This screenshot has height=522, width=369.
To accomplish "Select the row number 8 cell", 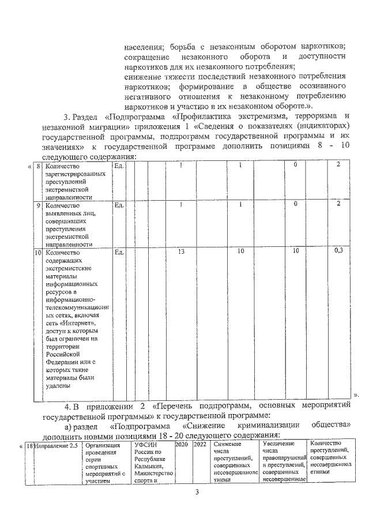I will point(38,166).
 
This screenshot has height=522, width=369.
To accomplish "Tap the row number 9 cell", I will point(38,205).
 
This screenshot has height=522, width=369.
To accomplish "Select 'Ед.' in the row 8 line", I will point(119,166).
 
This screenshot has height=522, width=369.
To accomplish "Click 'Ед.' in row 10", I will point(119,251).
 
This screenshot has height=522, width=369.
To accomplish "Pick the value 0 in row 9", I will point(295,204).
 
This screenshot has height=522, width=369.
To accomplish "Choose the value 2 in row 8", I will point(338,166).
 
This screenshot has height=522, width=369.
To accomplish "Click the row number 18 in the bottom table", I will point(30,445).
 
